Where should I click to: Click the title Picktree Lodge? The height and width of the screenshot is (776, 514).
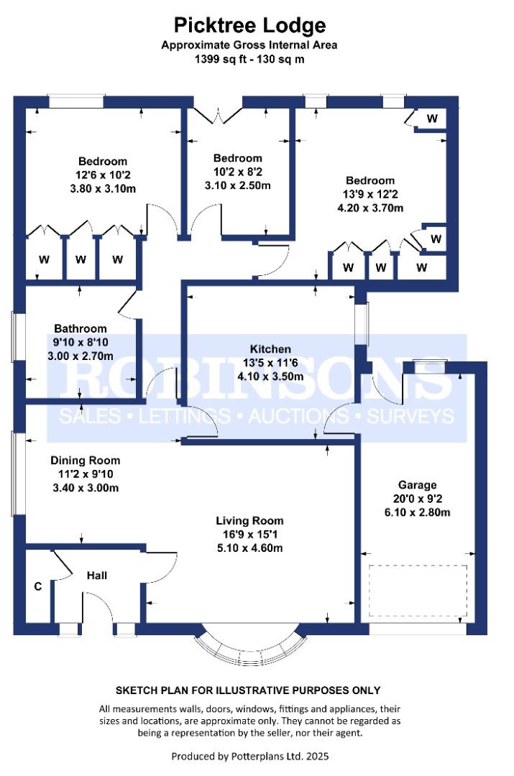[249, 26]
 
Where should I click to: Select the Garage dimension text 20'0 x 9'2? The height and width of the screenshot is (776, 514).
[418, 499]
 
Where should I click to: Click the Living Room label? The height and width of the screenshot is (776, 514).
[250, 520]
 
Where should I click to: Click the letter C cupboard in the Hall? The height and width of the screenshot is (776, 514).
[38, 587]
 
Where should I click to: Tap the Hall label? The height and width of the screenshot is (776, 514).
[97, 576]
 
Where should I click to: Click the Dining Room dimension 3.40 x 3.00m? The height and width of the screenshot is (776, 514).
[84, 488]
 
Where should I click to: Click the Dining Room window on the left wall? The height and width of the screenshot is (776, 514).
[15, 473]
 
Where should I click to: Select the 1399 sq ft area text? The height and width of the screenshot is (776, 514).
[249, 59]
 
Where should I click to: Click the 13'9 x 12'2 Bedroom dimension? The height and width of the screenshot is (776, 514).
[370, 194]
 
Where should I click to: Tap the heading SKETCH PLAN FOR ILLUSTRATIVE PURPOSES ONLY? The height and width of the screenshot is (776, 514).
[249, 690]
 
